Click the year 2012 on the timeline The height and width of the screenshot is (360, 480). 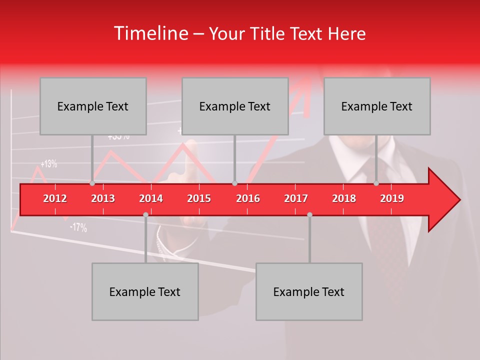pyautogui.click(x=55, y=198)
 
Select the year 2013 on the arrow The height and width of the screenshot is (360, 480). pyautogui.click(x=103, y=198)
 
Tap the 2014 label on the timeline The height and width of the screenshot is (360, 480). pyautogui.click(x=151, y=198)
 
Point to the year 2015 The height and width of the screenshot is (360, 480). pyautogui.click(x=199, y=198)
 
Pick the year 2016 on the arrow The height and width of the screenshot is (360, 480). pyautogui.click(x=248, y=198)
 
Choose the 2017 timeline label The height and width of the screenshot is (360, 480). pyautogui.click(x=296, y=198)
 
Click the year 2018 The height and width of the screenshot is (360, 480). pyautogui.click(x=344, y=198)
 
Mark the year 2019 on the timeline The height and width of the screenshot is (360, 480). pyautogui.click(x=392, y=198)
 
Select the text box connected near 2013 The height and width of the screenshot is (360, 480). pyautogui.click(x=93, y=106)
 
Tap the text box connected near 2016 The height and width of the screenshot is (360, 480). pyautogui.click(x=235, y=106)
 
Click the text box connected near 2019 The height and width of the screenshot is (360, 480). pyautogui.click(x=377, y=106)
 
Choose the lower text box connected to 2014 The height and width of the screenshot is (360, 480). pyautogui.click(x=145, y=291)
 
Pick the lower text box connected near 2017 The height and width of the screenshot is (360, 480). pyautogui.click(x=309, y=291)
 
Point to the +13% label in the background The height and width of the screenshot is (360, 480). pyautogui.click(x=49, y=163)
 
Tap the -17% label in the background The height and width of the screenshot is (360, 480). pyautogui.click(x=78, y=227)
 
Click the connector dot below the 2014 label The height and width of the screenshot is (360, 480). pyautogui.click(x=145, y=214)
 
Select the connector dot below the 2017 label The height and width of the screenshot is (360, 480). pyautogui.click(x=309, y=214)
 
